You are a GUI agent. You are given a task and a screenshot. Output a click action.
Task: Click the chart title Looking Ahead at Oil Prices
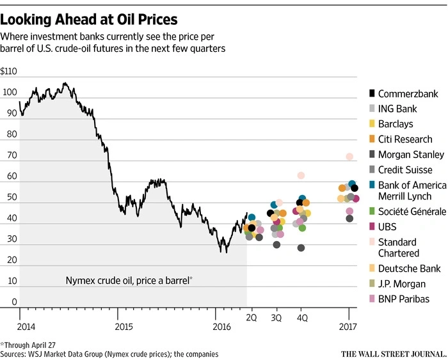[x=89, y=20]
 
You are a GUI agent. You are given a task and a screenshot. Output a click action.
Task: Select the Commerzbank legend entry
[x=404, y=93]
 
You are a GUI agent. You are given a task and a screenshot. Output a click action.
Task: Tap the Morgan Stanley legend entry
[x=407, y=155]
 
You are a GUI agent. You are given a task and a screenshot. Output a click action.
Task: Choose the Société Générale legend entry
[x=408, y=212]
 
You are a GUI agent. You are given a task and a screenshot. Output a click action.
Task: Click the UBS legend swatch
[x=372, y=226]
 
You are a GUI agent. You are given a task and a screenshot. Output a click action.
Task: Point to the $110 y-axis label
[x=8, y=71]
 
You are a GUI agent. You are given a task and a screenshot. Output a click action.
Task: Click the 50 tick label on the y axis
[x=12, y=197]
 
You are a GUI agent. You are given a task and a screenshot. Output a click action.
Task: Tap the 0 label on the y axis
[x=14, y=302]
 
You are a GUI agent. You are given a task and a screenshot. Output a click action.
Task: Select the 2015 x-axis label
[x=124, y=327]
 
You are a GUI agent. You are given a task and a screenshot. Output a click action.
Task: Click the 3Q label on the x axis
[x=276, y=318]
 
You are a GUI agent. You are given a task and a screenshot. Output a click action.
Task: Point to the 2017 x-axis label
[x=348, y=327]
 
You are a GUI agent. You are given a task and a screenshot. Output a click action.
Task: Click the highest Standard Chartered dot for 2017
[x=349, y=157]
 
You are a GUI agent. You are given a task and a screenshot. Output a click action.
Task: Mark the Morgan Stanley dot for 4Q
[x=301, y=248]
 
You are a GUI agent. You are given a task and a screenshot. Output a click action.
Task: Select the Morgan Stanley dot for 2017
[x=349, y=219]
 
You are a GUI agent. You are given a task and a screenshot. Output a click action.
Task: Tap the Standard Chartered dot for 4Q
[x=301, y=175]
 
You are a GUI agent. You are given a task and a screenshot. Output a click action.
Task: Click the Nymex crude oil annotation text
[x=129, y=281]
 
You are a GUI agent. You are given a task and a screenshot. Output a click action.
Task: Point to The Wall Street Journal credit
[x=394, y=354]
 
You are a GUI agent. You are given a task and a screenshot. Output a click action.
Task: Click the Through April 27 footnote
[x=28, y=345]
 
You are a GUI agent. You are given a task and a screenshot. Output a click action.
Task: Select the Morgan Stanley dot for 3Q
[x=276, y=245]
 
